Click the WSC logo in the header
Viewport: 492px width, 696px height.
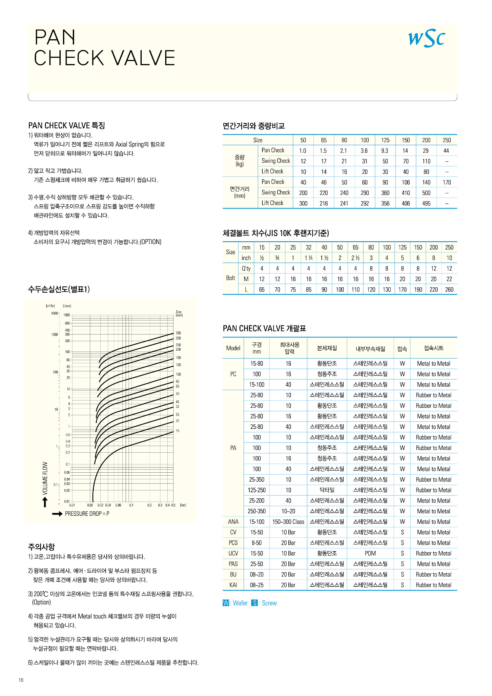[x=426, y=38]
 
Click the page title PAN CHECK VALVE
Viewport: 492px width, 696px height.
[x=104, y=48]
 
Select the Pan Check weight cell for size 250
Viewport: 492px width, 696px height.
[x=446, y=151]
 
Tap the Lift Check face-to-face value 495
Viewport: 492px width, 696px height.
[x=426, y=203]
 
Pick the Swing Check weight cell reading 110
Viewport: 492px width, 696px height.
[x=426, y=161]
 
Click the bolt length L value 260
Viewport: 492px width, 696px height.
[x=449, y=290]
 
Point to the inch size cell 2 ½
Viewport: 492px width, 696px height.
[x=356, y=258]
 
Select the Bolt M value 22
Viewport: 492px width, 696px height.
[x=449, y=279]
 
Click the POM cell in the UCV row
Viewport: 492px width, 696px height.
[x=370, y=553]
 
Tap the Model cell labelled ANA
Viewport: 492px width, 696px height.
[x=233, y=522]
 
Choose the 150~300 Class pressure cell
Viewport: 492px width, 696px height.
[x=288, y=522]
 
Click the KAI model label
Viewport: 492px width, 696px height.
[x=233, y=585]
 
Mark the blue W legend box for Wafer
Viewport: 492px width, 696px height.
[x=226, y=603]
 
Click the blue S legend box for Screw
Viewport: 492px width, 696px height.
[x=255, y=603]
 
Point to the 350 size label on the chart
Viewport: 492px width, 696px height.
[x=178, y=333]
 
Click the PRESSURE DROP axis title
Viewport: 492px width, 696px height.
[x=87, y=514]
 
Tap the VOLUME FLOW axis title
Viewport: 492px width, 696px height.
[x=45, y=478]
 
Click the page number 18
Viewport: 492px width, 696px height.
[x=21, y=680]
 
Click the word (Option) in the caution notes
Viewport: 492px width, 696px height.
[x=42, y=602]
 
